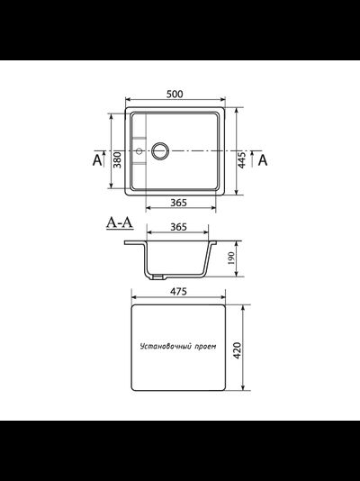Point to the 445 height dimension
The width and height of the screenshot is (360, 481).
click(x=240, y=159)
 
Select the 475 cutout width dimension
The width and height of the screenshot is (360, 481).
click(x=178, y=292)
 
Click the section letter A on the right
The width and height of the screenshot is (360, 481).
click(x=263, y=160)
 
